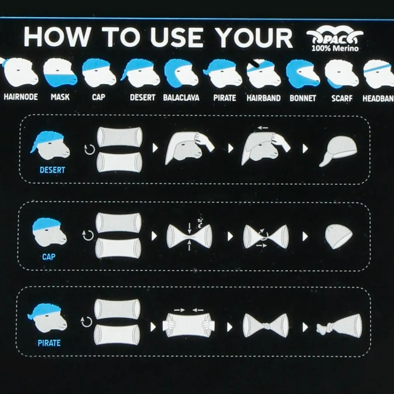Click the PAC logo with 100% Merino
tap(335, 38)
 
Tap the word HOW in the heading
tap(57, 37)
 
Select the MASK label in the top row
tap(60, 97)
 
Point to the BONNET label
tap(302, 98)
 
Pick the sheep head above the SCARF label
tap(342, 74)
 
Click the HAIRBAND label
tap(263, 98)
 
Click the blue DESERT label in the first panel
tap(52, 170)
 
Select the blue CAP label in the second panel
tap(49, 257)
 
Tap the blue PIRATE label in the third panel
tap(49, 343)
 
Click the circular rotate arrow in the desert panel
tap(90, 149)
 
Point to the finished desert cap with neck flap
tap(338, 151)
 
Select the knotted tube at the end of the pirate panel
tap(339, 326)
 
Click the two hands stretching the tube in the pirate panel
tap(189, 325)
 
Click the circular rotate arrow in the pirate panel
tap(87, 322)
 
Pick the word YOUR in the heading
tap(255, 37)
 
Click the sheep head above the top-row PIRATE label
tap(223, 73)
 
